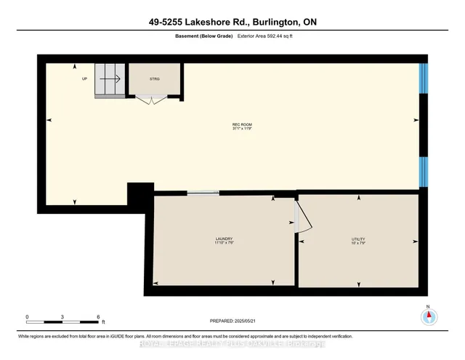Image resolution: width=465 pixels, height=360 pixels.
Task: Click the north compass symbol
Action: pos(428,316)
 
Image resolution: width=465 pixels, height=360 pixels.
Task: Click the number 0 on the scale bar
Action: pos(27,317)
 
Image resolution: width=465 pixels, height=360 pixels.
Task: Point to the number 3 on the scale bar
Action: pos(63,317)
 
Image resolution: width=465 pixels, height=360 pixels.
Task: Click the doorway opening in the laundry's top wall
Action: pos(203,193)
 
